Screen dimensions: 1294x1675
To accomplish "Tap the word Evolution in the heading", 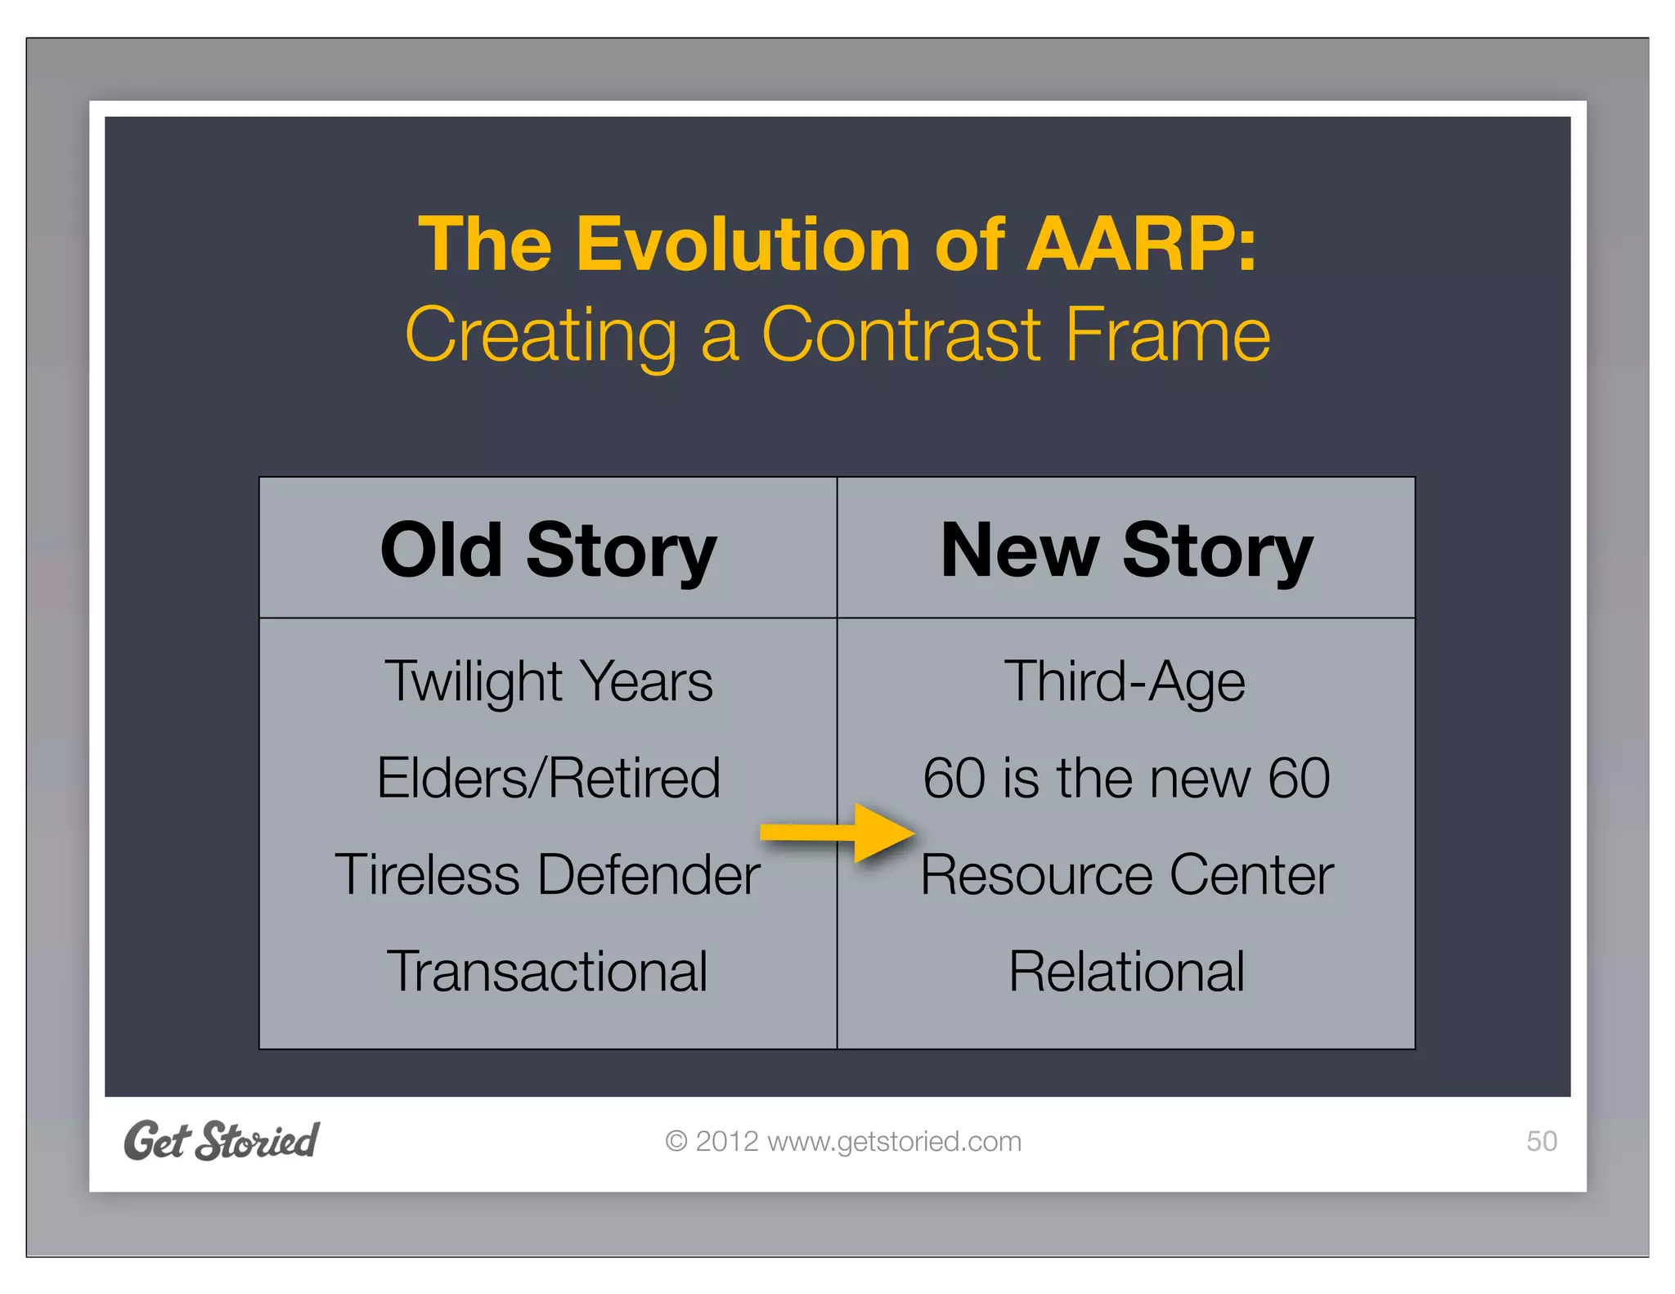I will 743,244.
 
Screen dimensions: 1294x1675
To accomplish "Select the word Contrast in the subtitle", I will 901,335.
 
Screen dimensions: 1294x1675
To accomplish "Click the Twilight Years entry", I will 548,681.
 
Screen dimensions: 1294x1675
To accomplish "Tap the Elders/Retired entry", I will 548,778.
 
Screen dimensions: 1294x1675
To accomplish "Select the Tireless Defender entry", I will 547,874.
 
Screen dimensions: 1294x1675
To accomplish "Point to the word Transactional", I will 546,972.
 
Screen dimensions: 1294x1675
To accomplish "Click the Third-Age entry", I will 1125,681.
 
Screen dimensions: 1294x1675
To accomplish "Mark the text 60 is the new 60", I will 1126,778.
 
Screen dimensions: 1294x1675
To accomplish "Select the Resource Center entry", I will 1126,874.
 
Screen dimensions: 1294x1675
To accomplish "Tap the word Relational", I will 1126,972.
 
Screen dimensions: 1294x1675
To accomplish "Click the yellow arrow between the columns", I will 838,833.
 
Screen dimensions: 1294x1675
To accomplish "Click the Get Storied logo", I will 221,1141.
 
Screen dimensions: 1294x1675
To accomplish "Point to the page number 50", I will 1541,1141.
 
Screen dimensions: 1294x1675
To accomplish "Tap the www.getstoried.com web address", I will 894,1141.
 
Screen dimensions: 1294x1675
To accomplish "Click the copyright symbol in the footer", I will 676,1141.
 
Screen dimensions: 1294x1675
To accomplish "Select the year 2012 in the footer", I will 726,1141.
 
